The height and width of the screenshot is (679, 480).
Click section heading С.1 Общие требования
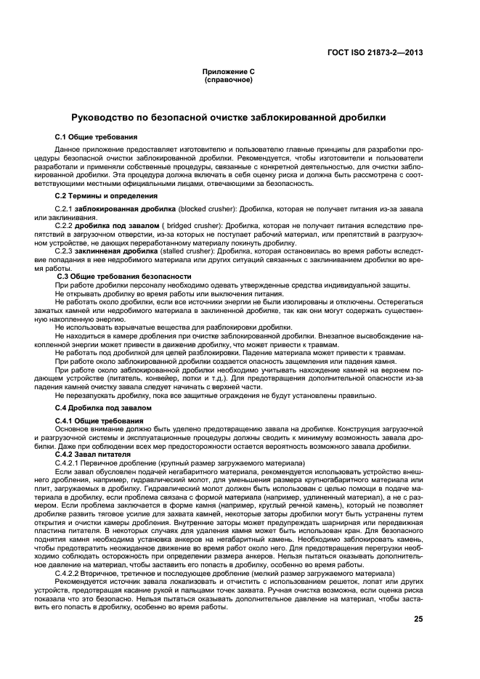pos(97,137)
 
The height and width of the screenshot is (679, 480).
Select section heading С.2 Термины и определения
pos(107,196)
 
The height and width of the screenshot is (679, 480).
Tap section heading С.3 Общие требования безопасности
pos(124,277)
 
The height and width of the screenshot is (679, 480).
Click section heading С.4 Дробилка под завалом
pos(102,410)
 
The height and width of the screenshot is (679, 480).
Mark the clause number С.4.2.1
pos(68,462)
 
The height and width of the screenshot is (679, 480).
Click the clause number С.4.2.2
pos(68,574)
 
